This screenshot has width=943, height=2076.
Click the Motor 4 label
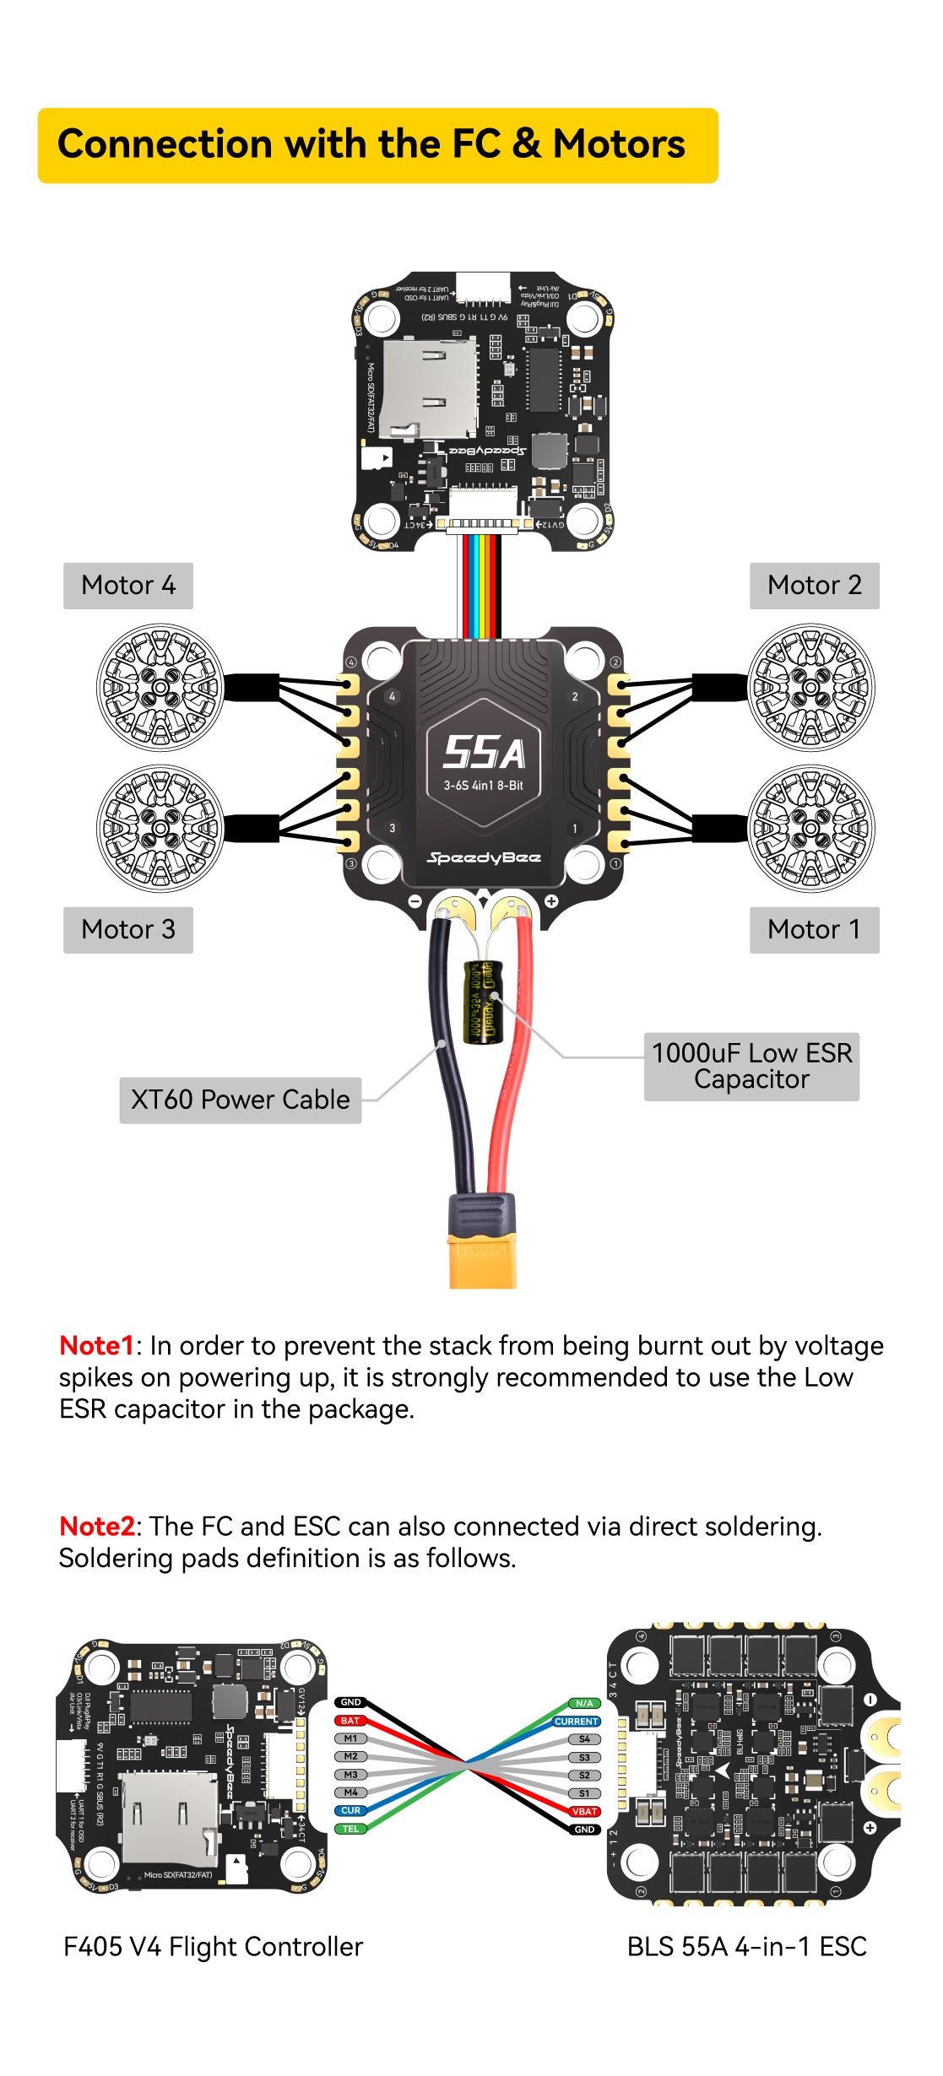pos(128,586)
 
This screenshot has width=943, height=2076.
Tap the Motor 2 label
pos(814,586)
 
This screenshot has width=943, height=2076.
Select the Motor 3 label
pos(128,930)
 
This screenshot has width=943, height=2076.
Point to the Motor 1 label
pos(814,930)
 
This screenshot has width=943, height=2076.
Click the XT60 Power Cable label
pos(241,1100)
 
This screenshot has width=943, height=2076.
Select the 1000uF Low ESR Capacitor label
pos(751,1066)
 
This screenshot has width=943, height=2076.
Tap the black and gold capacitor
pos(483,1002)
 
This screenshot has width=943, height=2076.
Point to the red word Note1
pos(96,1345)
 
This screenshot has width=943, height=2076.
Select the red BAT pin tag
pos(350,1720)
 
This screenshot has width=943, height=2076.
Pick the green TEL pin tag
pos(350,1829)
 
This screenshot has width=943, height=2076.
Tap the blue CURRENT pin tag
pos(577,1721)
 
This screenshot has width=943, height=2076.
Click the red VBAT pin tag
pos(584,1811)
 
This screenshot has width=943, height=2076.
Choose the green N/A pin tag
pos(584,1703)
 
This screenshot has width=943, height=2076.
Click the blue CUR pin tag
pos(350,1810)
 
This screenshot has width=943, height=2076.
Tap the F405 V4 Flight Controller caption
pos(213,1947)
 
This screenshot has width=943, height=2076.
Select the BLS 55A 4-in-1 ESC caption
pos(746,1947)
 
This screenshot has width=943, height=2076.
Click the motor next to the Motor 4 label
pos(160,687)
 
